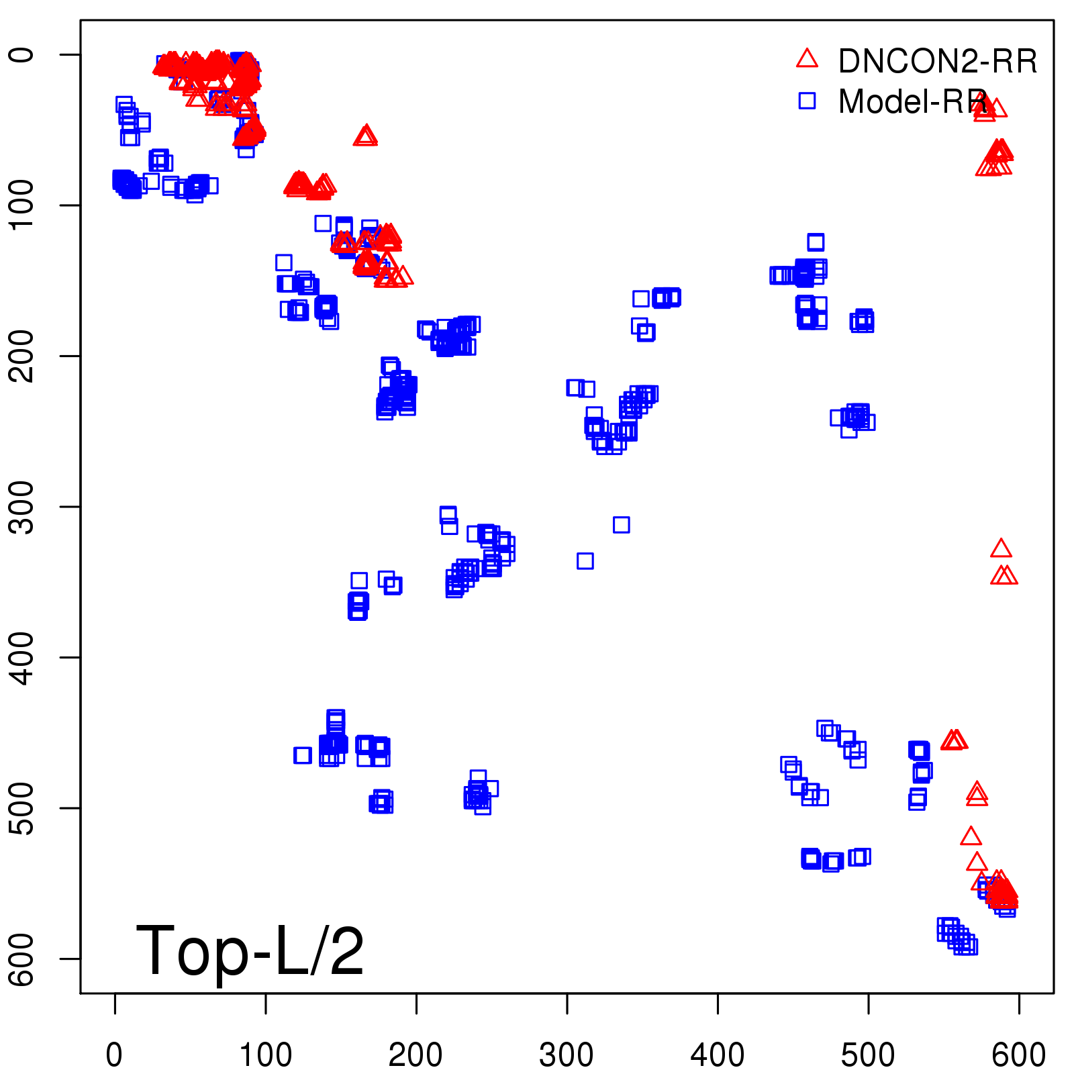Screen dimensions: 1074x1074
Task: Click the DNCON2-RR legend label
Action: [937, 62]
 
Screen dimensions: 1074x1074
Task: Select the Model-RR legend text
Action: [913, 102]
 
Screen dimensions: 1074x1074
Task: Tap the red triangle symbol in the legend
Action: [807, 59]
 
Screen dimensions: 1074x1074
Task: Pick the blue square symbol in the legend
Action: [807, 101]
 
